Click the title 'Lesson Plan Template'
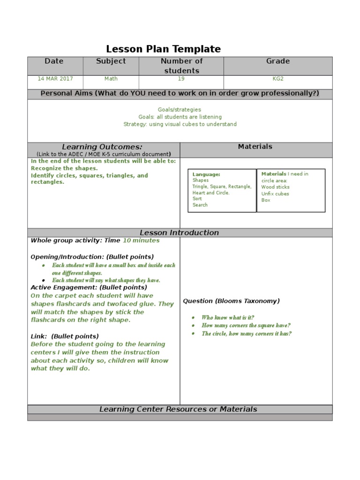163,49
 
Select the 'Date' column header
54,61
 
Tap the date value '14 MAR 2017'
55,79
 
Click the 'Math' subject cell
111,79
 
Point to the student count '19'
181,79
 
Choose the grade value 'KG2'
278,79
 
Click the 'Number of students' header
181,66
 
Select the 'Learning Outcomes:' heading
102,147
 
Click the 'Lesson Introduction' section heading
180,233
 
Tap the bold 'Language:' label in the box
206,174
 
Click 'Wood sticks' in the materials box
275,187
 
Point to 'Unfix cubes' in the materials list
275,194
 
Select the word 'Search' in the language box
200,205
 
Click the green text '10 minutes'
141,240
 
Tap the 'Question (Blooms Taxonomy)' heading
231,301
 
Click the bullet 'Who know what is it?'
228,317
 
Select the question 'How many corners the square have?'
246,325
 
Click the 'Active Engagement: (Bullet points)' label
89,287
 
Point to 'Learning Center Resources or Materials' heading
178,410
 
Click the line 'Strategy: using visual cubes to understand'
180,124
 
